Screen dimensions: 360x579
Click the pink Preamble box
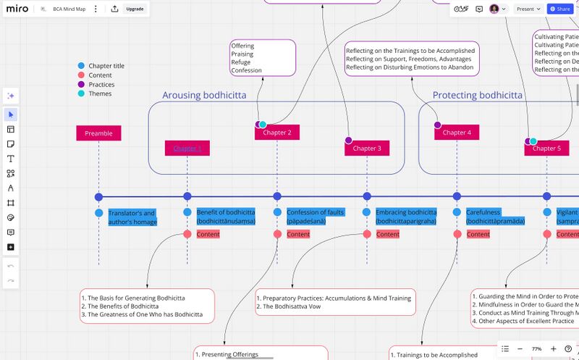point(98,133)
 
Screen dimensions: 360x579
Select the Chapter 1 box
point(187,148)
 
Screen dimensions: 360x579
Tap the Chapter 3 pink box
point(366,148)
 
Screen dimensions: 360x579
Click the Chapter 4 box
point(457,133)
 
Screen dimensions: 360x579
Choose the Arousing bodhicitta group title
point(204,95)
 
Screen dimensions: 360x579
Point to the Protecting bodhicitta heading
point(477,95)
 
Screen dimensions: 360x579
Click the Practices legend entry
point(101,85)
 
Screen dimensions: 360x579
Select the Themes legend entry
point(100,93)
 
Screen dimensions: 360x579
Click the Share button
point(559,9)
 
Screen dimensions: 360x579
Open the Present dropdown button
point(528,9)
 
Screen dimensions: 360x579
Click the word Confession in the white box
point(246,70)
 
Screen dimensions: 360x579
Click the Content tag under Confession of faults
point(298,234)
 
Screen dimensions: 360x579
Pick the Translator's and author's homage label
point(132,217)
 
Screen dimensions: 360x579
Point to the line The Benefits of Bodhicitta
point(120,306)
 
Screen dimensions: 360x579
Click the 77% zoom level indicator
point(536,348)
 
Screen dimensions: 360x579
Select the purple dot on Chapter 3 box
point(348,140)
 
